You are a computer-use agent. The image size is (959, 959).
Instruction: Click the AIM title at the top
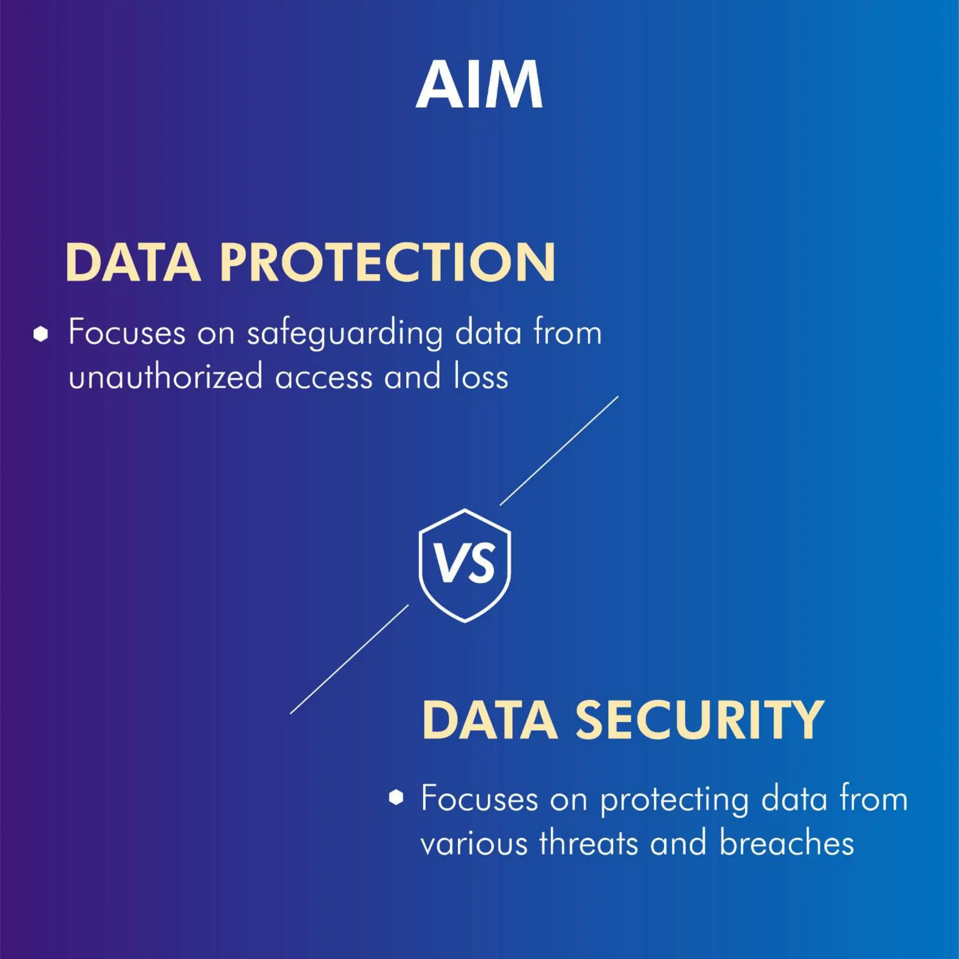(x=479, y=85)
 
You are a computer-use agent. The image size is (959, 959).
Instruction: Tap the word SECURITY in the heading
(x=700, y=720)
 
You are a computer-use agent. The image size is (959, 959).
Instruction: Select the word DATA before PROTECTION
(x=133, y=263)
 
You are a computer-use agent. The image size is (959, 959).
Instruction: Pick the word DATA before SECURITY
(x=489, y=720)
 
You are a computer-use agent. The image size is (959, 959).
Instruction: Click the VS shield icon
(x=465, y=565)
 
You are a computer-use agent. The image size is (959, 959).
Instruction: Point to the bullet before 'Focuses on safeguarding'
(x=41, y=334)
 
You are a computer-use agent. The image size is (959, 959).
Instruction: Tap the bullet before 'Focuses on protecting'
(x=396, y=797)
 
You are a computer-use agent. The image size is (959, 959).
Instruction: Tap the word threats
(x=588, y=843)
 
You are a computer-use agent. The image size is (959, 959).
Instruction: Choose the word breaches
(x=787, y=843)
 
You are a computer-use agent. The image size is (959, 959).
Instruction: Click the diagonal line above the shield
(x=559, y=451)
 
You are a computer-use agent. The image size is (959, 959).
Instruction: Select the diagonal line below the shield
(x=349, y=660)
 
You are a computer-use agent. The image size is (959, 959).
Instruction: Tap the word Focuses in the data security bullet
(x=479, y=799)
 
